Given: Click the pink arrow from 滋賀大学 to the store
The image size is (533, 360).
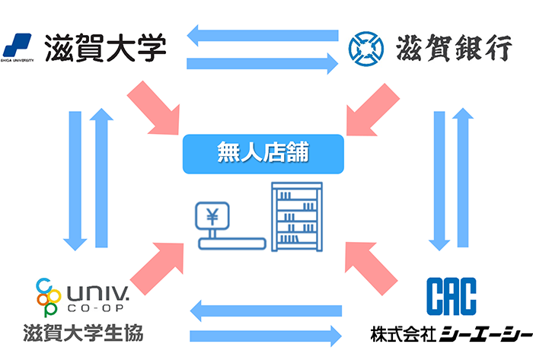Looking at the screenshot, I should pyautogui.click(x=155, y=106).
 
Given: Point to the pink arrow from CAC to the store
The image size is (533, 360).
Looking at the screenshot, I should pyautogui.click(x=370, y=267).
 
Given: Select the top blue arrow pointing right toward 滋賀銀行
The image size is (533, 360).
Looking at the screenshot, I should pyautogui.click(x=262, y=63).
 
